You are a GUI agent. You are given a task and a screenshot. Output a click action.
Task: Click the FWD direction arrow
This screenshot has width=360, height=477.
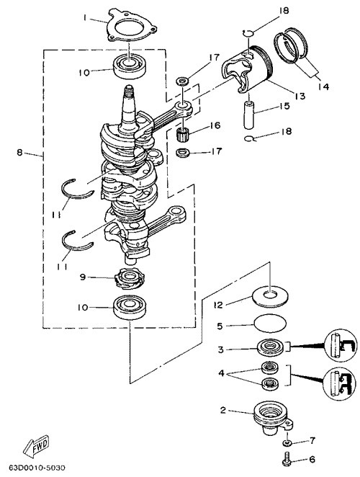coord(35,447)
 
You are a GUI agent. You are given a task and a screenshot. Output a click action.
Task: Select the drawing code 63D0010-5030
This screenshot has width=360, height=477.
coord(37,467)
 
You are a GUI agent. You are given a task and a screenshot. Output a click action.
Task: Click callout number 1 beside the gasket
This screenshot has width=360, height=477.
coord(85,18)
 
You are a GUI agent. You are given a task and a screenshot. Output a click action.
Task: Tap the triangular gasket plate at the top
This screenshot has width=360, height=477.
coord(131,26)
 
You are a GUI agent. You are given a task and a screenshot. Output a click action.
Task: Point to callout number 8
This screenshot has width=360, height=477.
coord(19,153)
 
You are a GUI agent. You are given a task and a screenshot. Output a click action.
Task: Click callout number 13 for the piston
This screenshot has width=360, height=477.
coord(300,96)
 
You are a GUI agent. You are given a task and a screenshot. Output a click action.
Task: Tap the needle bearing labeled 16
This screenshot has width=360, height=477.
coord(183,133)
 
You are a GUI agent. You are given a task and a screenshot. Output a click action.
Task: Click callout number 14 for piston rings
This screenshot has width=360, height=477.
coord(323,87)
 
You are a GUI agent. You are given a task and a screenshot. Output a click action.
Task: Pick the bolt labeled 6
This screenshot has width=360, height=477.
coord(287,460)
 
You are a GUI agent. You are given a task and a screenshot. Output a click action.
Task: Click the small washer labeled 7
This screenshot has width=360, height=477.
coord(287,442)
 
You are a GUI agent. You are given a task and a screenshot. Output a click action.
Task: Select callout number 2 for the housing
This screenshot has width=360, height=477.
coord(223,411)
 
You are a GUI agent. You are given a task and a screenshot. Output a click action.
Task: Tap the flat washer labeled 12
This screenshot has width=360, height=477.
coord(270,296)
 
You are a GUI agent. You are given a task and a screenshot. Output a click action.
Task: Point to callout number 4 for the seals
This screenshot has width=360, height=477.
coord(221,373)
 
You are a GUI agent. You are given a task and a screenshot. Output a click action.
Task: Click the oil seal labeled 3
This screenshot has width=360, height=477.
coord(270,347)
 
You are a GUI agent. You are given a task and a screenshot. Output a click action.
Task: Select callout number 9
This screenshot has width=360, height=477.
coord(83,277)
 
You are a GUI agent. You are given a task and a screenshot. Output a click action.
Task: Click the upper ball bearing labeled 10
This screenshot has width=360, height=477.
coord(130,66)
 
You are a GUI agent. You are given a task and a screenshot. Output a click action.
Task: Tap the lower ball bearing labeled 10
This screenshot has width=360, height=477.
coord(130,307)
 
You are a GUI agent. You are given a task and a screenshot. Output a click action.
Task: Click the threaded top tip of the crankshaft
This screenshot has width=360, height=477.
coord(129,90)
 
